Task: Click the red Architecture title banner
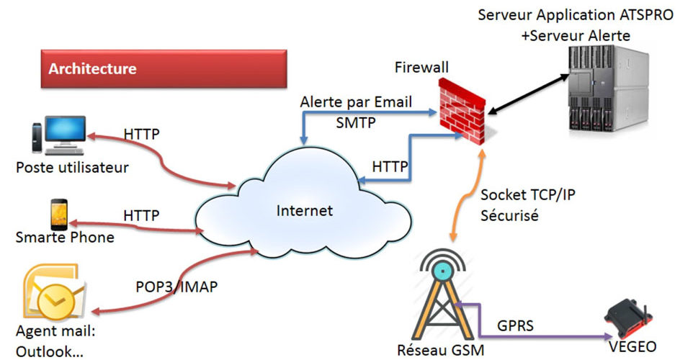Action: pyautogui.click(x=163, y=70)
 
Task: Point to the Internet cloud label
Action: pyautogui.click(x=305, y=211)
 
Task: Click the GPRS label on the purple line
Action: pyautogui.click(x=516, y=325)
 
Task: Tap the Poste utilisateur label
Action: pyautogui.click(x=72, y=168)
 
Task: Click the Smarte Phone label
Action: pyautogui.click(x=65, y=237)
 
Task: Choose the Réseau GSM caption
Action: pyautogui.click(x=441, y=351)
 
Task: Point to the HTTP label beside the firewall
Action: pyautogui.click(x=390, y=166)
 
